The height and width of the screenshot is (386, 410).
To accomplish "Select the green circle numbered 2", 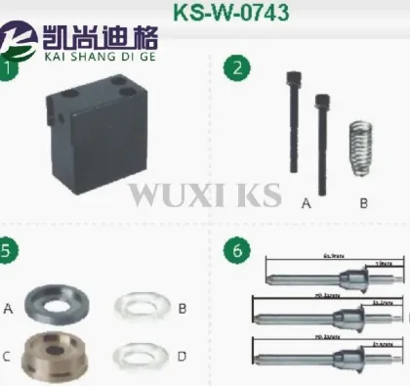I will pyautogui.click(x=235, y=69).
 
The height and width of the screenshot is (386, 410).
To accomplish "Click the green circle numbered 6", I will pyautogui.click(x=235, y=249).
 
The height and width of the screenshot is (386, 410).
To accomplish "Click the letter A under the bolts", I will pyautogui.click(x=306, y=203).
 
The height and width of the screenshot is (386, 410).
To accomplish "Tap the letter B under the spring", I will pyautogui.click(x=363, y=203).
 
